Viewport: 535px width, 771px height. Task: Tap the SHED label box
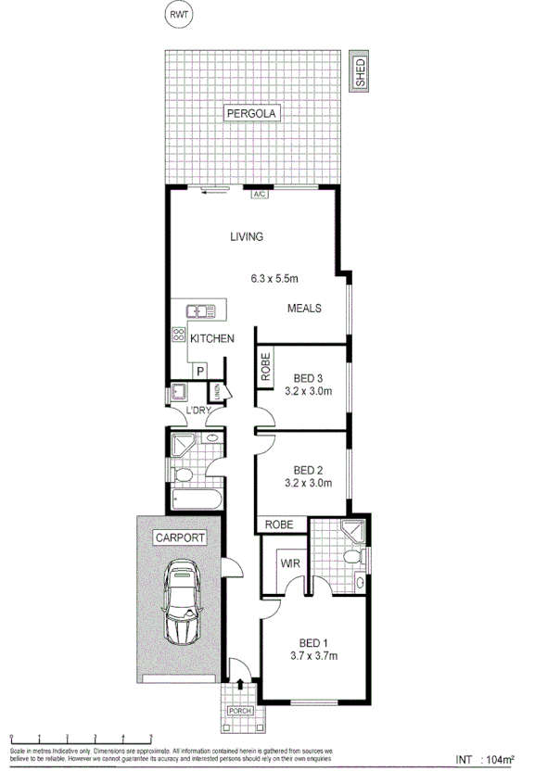[359, 72]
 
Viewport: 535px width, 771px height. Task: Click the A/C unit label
[261, 195]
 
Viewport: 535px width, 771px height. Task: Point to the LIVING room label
[247, 237]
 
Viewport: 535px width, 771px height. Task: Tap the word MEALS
[303, 309]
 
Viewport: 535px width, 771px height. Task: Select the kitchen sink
[200, 311]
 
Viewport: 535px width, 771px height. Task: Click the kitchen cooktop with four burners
[177, 337]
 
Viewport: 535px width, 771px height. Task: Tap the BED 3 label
[308, 378]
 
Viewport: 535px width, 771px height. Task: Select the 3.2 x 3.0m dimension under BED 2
[308, 482]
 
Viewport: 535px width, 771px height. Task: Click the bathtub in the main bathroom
[196, 501]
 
